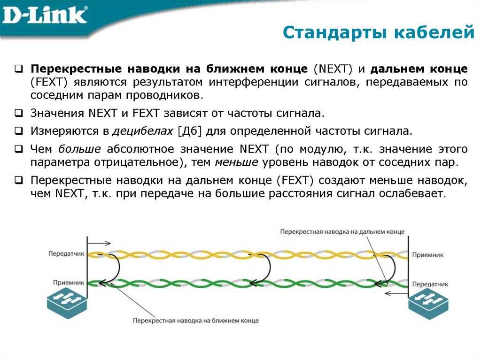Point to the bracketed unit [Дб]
[189, 130]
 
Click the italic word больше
[79, 149]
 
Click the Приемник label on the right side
[427, 254]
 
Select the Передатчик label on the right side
[430, 284]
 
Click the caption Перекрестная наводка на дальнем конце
[342, 232]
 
